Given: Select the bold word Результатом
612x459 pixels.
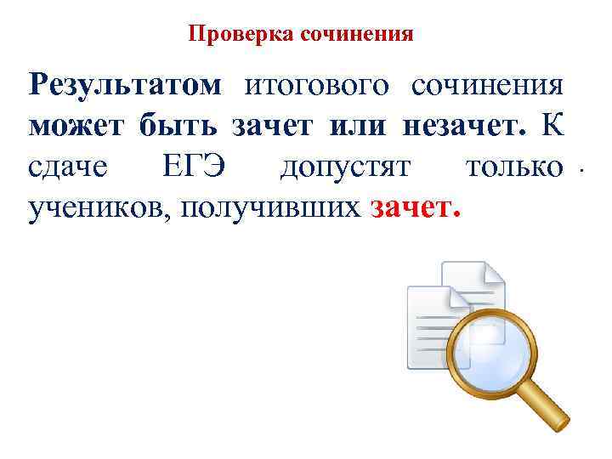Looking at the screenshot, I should (125, 85).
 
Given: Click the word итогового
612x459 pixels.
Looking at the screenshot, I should (317, 85).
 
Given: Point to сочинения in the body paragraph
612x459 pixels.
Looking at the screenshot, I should (487, 85).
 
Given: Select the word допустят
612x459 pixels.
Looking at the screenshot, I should (346, 167).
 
